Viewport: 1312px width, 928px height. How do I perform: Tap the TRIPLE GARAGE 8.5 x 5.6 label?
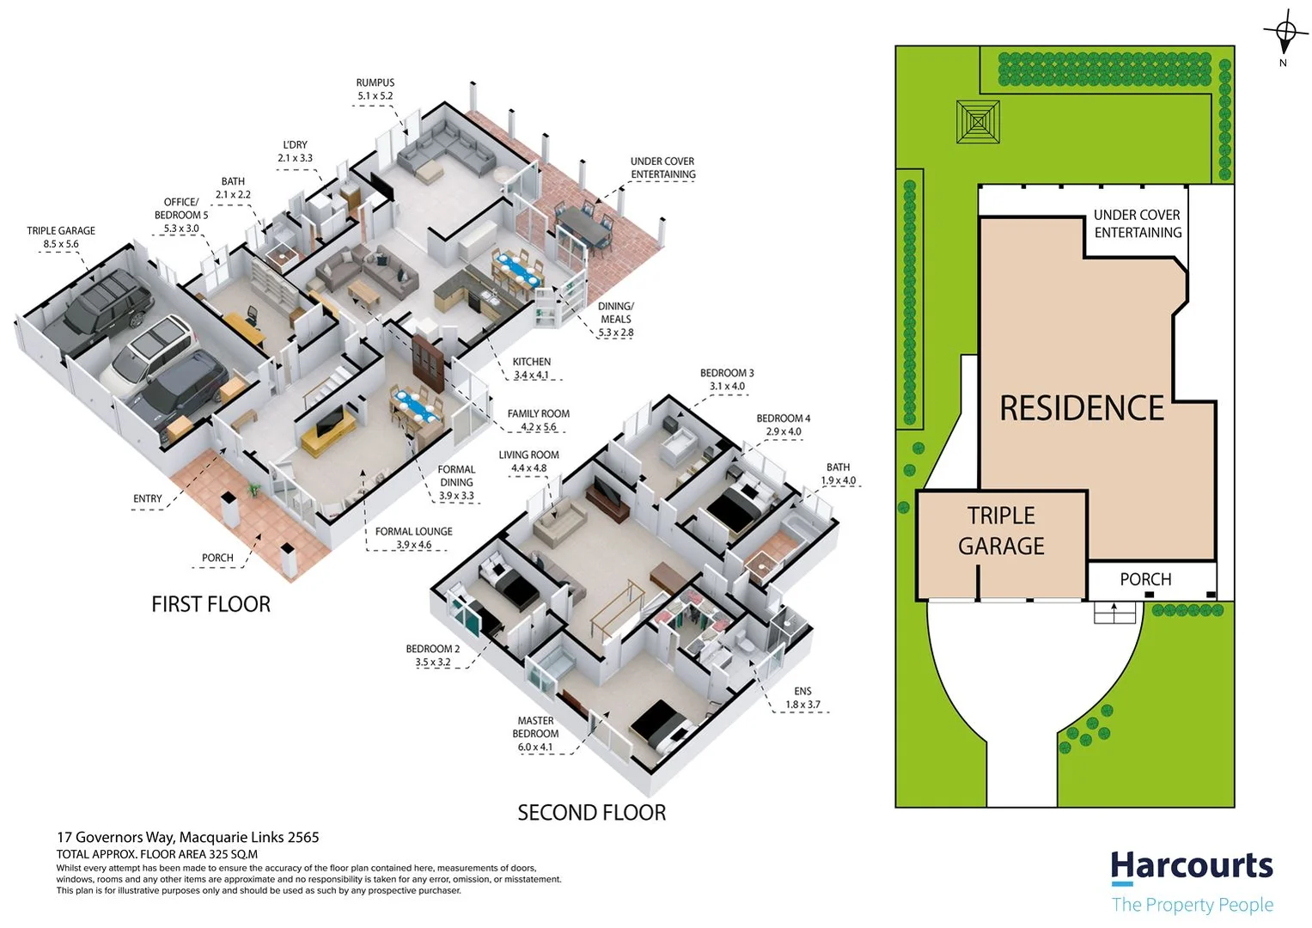coord(61,237)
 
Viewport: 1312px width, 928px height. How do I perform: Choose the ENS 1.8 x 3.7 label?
coord(802,698)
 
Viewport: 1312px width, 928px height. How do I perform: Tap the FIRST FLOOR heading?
coord(211,604)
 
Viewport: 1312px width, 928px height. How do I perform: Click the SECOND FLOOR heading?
coord(591,812)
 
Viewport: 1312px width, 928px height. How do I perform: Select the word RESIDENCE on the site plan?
coord(1082,408)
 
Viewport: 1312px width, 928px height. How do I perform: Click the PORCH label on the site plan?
coord(1145,579)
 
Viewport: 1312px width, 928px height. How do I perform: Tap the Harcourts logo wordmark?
coord(1192,866)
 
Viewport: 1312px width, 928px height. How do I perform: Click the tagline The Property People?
coord(1192,904)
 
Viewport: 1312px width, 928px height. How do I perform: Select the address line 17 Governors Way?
coord(187,837)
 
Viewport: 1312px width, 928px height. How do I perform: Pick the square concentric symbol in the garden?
coord(978,122)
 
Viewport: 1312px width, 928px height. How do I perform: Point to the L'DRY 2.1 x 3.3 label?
coord(295,151)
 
